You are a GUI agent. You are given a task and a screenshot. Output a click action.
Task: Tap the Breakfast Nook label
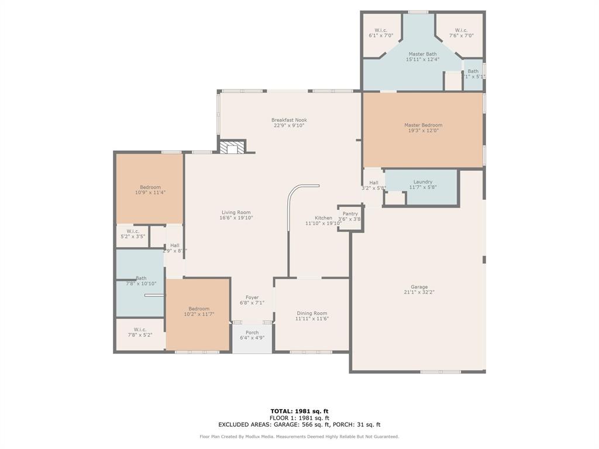click(289, 120)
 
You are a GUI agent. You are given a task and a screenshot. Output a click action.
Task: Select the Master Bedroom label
click(423, 125)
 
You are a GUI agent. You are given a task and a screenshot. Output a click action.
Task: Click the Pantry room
click(350, 216)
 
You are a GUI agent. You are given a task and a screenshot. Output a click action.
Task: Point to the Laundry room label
click(423, 182)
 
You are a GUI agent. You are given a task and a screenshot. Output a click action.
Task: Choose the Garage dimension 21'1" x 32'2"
click(419, 292)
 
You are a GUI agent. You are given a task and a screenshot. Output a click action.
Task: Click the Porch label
click(252, 333)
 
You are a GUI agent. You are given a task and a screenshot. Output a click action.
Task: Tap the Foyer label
click(252, 298)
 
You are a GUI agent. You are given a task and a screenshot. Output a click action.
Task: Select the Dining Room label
click(312, 313)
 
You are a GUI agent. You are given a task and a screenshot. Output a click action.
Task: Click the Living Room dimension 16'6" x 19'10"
click(236, 218)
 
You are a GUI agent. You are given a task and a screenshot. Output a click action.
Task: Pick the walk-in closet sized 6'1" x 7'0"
click(381, 33)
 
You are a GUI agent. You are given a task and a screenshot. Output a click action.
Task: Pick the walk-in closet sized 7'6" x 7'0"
click(461, 33)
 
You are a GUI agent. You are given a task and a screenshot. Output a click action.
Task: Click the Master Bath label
click(422, 54)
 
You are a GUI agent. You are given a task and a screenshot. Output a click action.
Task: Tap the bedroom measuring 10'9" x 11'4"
click(150, 189)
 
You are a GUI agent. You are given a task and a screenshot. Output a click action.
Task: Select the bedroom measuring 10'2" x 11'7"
click(199, 312)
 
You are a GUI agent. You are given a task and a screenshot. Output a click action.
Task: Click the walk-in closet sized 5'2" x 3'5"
click(133, 234)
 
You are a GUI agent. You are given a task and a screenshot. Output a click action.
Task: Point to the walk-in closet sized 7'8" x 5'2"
click(140, 332)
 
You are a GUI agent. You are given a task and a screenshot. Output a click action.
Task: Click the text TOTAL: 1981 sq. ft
click(299, 411)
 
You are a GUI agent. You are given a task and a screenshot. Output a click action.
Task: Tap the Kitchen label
click(323, 218)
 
